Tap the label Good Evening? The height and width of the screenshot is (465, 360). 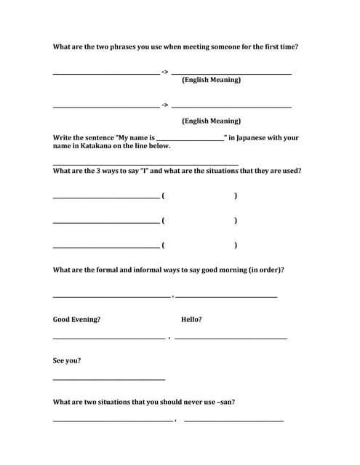point(76,320)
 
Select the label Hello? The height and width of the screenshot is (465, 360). point(191,320)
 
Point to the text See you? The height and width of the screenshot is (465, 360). point(67,360)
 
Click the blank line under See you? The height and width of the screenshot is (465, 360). point(109,379)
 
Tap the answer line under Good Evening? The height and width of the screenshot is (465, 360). point(109,339)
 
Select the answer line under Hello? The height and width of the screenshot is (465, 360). point(231,339)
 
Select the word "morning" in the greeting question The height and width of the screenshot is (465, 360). point(228,270)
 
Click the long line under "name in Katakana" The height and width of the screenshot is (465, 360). point(145,165)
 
